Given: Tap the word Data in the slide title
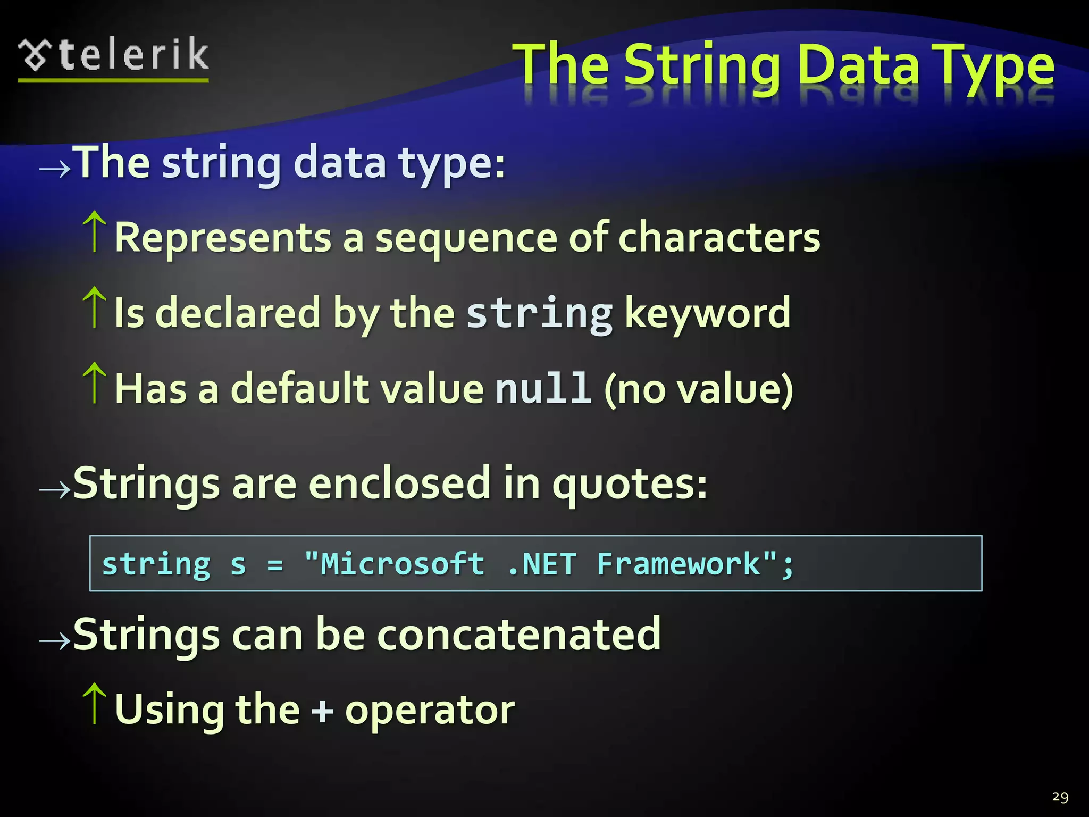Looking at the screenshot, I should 858,66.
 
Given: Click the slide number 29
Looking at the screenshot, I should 1060,797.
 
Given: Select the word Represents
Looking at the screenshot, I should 223,237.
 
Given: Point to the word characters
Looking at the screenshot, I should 719,237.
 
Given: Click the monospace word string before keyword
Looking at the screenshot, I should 539,314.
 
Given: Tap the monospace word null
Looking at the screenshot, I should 543,388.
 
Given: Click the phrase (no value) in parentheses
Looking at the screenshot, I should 698,389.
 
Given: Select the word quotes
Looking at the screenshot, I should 630,484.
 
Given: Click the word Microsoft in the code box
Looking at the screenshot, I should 403,564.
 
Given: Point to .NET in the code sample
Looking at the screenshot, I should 542,564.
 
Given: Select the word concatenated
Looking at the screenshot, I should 518,634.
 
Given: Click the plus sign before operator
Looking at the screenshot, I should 322,711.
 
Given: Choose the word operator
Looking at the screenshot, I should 430,711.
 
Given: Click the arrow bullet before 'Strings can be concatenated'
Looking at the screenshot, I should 55,640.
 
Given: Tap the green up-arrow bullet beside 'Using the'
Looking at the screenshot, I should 95,703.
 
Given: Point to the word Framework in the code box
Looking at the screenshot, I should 678,564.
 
